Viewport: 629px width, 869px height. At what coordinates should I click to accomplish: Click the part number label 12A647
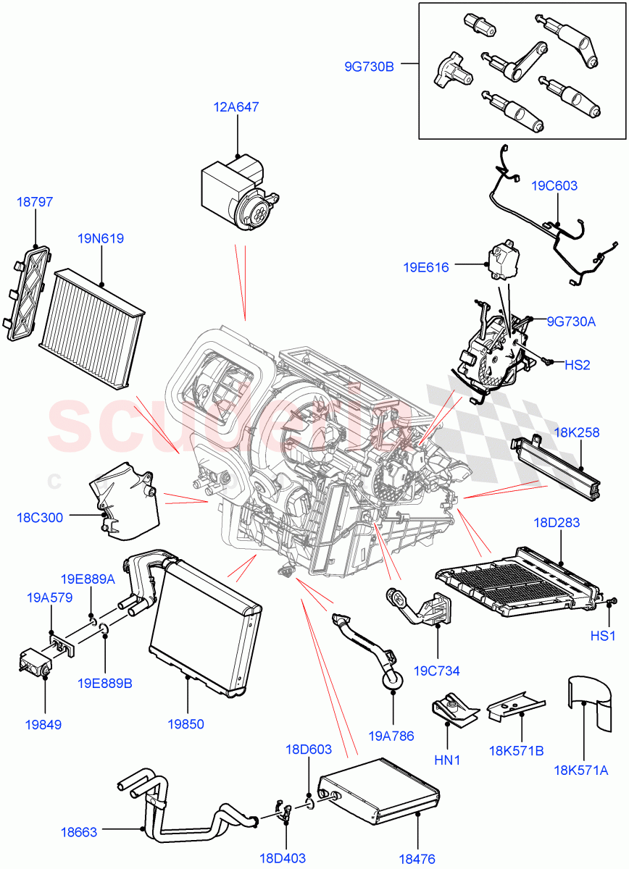coord(236,107)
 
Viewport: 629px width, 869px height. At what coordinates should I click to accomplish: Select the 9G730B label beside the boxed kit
coord(369,67)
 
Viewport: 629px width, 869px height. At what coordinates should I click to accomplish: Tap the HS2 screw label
coord(577,365)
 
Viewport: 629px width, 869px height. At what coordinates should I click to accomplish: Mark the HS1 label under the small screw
coord(602,637)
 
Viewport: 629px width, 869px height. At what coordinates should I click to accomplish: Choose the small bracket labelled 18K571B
coord(515,705)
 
